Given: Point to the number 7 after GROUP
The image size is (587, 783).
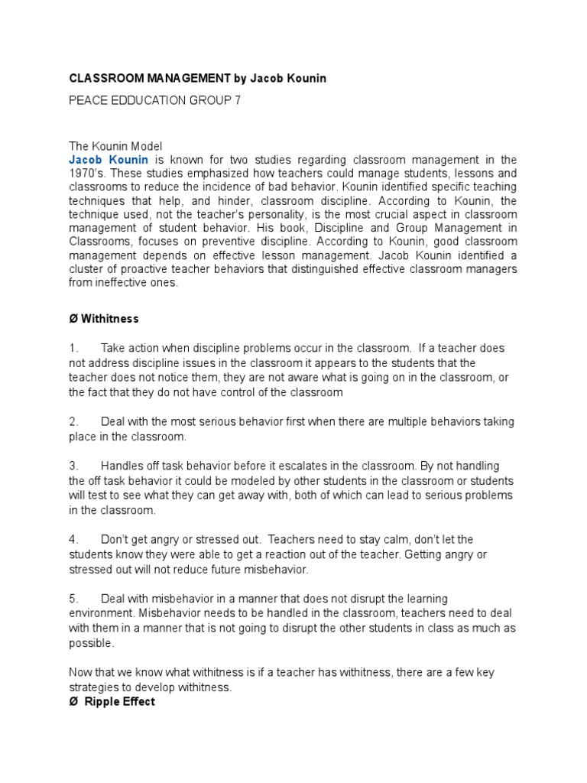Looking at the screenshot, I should (237, 101).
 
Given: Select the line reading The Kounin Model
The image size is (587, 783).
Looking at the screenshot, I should (115, 146).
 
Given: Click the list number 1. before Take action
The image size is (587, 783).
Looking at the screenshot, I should (73, 348).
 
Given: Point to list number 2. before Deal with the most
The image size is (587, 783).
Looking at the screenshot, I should (73, 422).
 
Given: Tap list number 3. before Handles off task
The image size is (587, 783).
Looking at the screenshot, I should (73, 466).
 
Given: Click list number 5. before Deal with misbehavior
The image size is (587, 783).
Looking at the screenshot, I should (73, 598).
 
